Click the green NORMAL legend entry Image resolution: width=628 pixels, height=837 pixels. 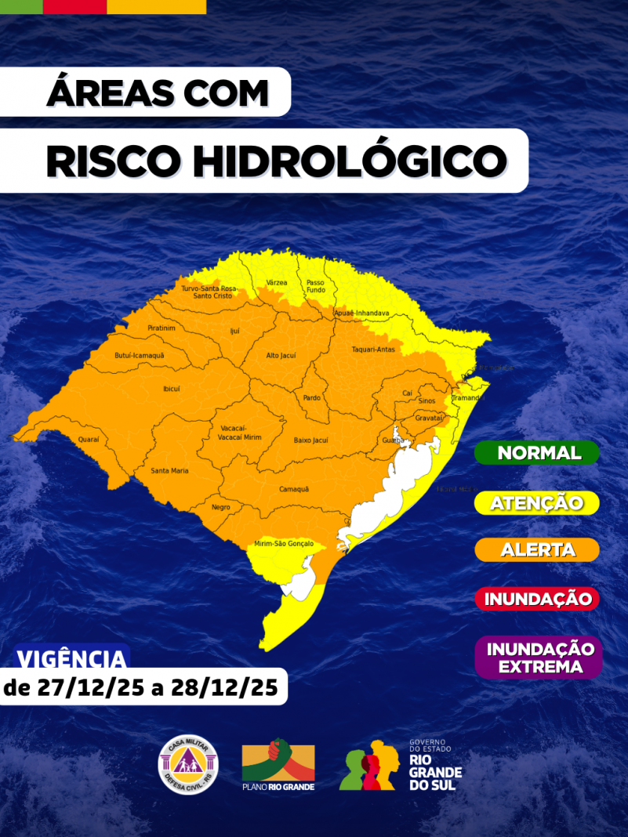tap(538, 453)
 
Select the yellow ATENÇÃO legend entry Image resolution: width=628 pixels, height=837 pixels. tap(538, 502)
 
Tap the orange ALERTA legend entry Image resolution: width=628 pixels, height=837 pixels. tap(538, 549)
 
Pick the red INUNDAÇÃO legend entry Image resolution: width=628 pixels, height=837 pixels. tap(538, 600)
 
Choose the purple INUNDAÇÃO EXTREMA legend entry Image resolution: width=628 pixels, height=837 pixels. tap(539, 658)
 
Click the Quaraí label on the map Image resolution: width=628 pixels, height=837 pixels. tap(89, 440)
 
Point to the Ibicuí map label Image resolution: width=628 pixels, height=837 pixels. tap(171, 388)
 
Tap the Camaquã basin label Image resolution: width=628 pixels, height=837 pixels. tap(294, 489)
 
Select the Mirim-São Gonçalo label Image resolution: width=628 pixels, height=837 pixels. tap(284, 543)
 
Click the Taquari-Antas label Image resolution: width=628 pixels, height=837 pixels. tap(373, 349)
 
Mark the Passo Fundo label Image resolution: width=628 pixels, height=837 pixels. tap(315, 286)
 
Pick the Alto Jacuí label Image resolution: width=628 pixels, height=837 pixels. tap(281, 355)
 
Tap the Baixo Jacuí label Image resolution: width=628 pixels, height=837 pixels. tap(310, 440)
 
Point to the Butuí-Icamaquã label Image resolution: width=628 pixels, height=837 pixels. tap(140, 355)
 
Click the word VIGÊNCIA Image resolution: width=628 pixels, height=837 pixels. tap(71, 658)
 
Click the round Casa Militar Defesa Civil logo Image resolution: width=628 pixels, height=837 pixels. tap(189, 763)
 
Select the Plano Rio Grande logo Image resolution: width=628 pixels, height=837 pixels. tap(278, 764)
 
